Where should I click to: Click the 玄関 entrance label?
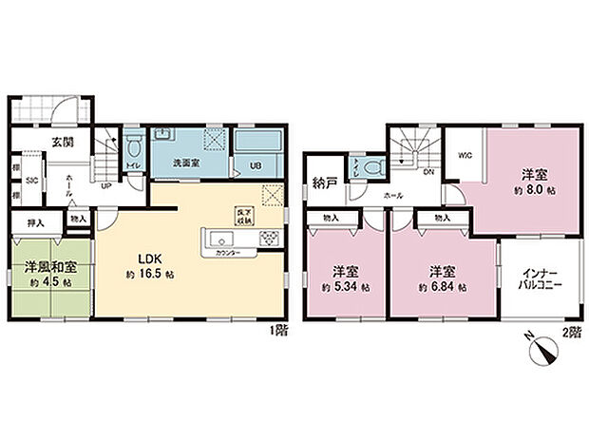point(63,143)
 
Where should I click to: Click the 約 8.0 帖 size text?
point(532,188)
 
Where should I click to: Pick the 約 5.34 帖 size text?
point(343,286)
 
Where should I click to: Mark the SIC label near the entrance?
point(31,180)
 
